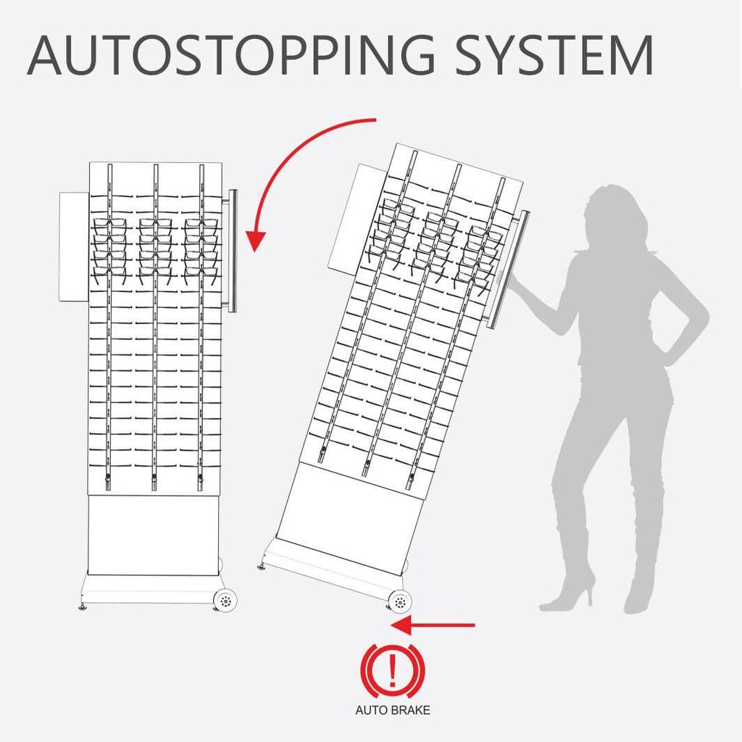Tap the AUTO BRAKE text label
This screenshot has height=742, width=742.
(392, 709)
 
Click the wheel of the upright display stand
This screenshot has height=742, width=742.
(225, 600)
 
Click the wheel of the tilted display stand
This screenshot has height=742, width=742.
(399, 601)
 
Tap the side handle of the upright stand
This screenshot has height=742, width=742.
(233, 250)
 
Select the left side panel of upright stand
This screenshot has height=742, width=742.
(73, 246)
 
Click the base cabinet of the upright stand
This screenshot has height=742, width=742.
(153, 534)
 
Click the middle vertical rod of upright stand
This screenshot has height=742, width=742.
(155, 326)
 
